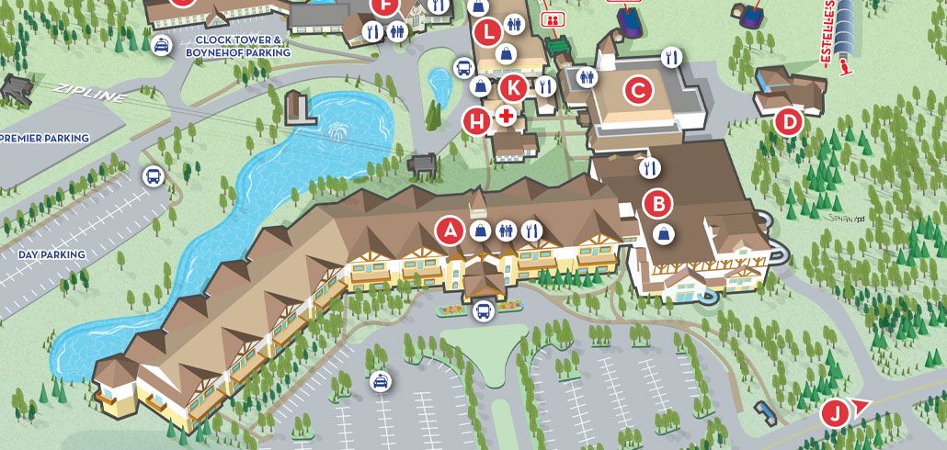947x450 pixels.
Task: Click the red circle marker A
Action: click(450, 231)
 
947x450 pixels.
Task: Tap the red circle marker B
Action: click(658, 202)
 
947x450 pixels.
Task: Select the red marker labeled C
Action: click(638, 91)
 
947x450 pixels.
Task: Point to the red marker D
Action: click(788, 120)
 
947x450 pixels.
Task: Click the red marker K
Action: click(514, 88)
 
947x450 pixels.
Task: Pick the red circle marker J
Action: click(834, 413)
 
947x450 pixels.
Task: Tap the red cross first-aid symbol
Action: click(505, 117)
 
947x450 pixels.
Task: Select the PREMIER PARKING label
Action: click(44, 139)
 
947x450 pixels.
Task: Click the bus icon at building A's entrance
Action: click(483, 312)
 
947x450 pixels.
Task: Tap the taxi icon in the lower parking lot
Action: click(379, 381)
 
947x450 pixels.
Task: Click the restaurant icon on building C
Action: click(672, 57)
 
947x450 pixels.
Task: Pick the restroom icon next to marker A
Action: click(505, 231)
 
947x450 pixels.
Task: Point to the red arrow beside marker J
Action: click(861, 406)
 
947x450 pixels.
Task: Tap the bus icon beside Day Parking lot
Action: click(152, 175)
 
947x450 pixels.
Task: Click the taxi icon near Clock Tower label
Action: click(161, 45)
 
